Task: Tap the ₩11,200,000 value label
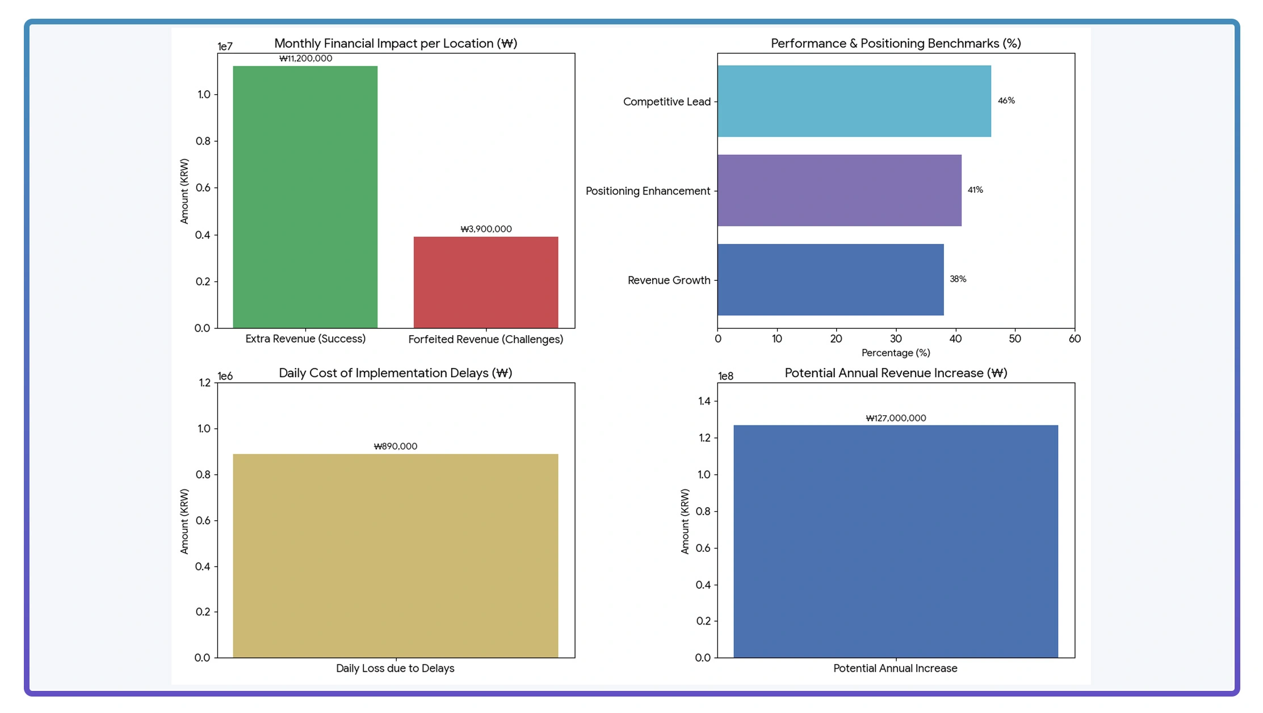(305, 58)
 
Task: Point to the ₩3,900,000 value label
(485, 229)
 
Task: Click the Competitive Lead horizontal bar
(853, 101)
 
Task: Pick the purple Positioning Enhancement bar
(839, 191)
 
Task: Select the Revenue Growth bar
(830, 280)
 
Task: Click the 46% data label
(1006, 101)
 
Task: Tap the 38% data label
(958, 279)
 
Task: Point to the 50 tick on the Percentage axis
(1014, 339)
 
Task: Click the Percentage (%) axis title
(895, 353)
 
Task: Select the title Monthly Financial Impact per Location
(395, 44)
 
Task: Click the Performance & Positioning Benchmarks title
(895, 44)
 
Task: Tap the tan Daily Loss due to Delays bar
(395, 555)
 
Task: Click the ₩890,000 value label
(395, 446)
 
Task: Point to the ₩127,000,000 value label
(895, 418)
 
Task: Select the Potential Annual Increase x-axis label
(895, 668)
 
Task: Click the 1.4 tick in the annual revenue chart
(704, 402)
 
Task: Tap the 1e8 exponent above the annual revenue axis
(725, 376)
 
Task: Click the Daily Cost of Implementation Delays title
(395, 373)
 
